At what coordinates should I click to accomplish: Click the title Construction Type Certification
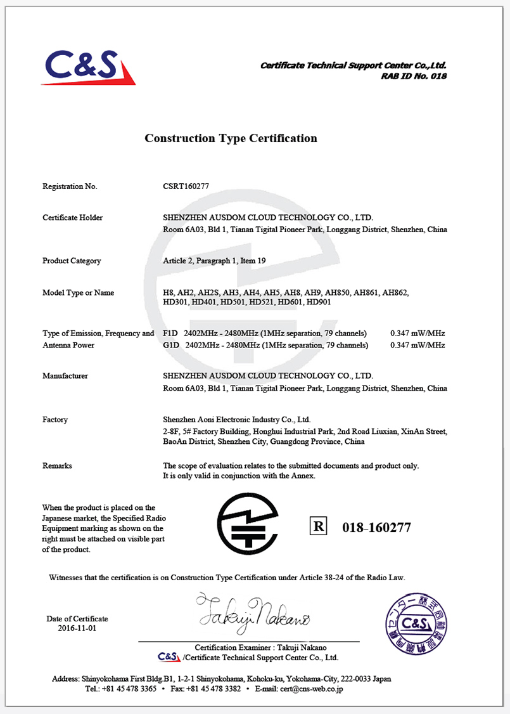tap(231, 138)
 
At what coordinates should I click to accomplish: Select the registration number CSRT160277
tap(186, 186)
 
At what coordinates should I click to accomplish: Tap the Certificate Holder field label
tap(72, 217)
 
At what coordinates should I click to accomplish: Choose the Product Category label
tap(72, 261)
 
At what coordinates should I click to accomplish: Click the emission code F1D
tap(170, 334)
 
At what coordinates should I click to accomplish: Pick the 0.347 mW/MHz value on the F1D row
tap(417, 334)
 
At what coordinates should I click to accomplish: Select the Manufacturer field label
tap(65, 376)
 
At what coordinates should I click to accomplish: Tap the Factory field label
tap(55, 420)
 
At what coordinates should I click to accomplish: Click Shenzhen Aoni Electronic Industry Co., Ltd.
tap(236, 420)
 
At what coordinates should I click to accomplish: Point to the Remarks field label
tap(57, 465)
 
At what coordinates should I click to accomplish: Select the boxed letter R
tap(318, 526)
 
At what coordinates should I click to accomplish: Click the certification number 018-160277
tap(376, 528)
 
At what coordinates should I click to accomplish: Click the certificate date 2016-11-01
tap(77, 628)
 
